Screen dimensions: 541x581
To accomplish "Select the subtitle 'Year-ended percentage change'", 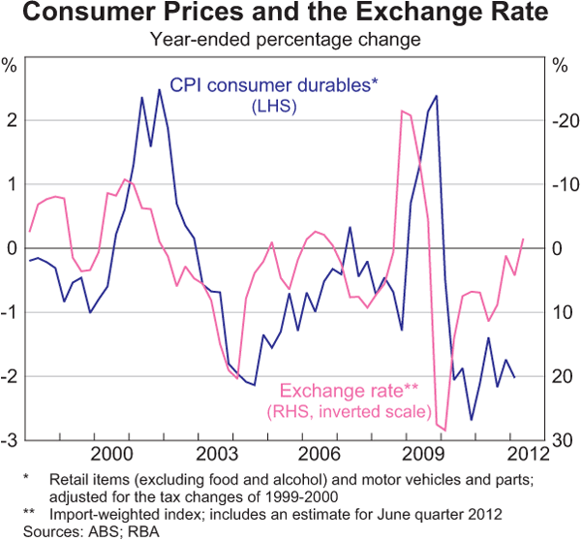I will click(x=290, y=41).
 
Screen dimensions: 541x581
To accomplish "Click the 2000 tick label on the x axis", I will click(x=113, y=454).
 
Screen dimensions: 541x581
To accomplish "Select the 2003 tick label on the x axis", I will click(x=216, y=454).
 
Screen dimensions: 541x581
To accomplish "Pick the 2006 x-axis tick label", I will click(x=320, y=454).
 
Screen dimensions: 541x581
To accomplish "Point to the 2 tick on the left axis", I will click(x=13, y=120).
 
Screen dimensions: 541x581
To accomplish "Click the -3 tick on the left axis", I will click(x=11, y=440).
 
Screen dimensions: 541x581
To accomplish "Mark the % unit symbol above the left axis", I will click(x=12, y=67).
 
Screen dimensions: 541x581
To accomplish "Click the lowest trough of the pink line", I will click(x=444, y=430).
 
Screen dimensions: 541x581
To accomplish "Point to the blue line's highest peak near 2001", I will click(x=159, y=90).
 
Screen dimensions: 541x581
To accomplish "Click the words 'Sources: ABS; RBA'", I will click(x=73, y=530).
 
